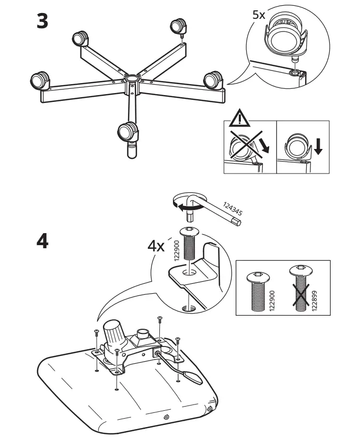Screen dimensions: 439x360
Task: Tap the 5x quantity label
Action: (x=259, y=15)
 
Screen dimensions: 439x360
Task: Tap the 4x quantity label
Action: (x=155, y=246)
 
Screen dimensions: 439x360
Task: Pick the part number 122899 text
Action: (x=313, y=300)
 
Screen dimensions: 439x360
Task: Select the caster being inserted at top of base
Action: (x=178, y=26)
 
